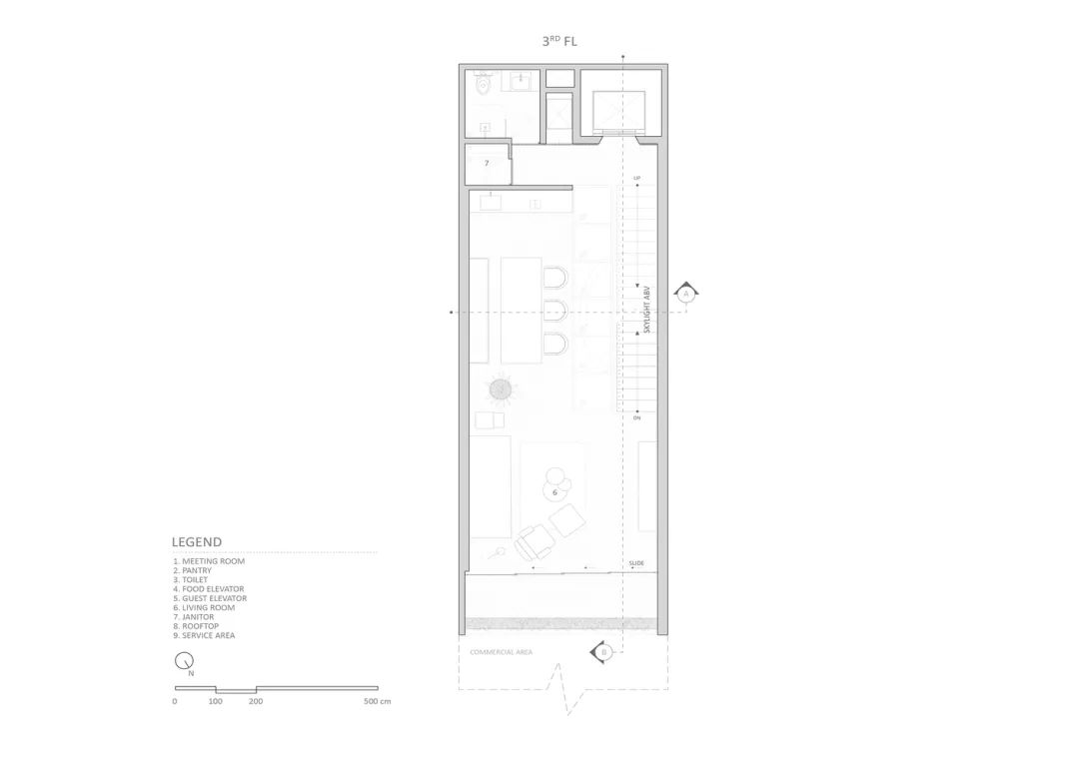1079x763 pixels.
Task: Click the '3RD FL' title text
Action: [559, 42]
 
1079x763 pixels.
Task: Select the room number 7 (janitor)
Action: [487, 163]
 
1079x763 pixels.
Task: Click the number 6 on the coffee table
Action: [554, 491]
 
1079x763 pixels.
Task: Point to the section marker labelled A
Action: [685, 294]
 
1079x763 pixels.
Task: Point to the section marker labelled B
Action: [603, 652]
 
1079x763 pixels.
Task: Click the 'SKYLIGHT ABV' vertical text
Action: [647, 311]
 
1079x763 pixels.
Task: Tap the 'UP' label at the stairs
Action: [636, 178]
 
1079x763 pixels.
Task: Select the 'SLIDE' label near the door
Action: [636, 563]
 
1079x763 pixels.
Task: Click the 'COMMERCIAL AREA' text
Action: [501, 652]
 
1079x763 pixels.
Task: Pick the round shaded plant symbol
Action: [501, 387]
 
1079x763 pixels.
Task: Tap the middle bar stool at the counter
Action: [555, 310]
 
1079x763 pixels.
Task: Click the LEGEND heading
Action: [197, 542]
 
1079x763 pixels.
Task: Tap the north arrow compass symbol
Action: [184, 661]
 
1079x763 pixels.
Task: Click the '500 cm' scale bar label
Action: [378, 701]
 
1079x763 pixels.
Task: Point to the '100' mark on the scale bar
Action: [216, 701]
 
